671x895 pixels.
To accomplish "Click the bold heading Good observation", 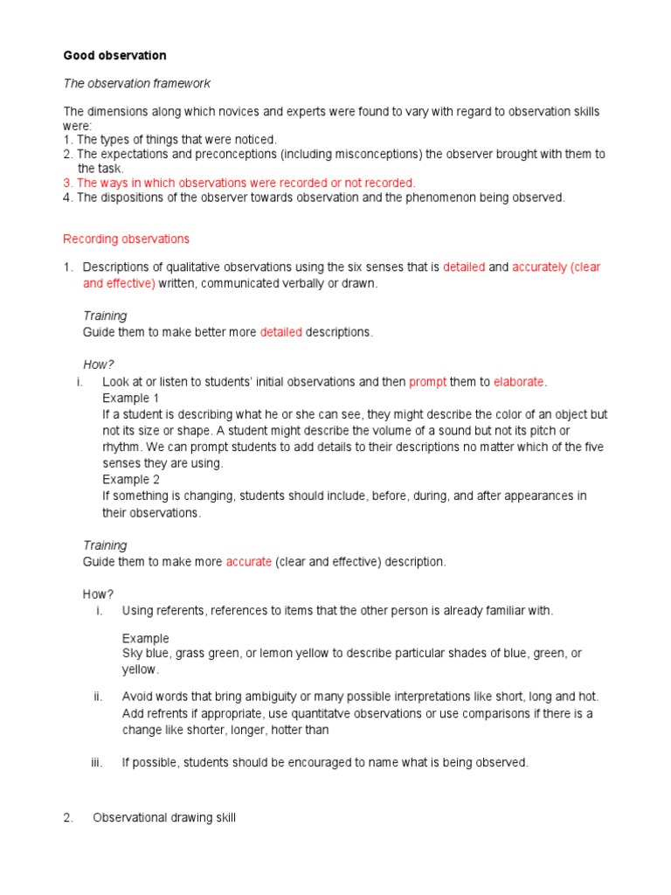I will pos(114,55).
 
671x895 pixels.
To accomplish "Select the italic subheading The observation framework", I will pos(136,83).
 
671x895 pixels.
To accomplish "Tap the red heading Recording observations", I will pos(126,239).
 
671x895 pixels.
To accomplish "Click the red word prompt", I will pos(427,382).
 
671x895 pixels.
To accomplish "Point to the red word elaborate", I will pos(519,382).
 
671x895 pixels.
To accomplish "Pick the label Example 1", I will pos(131,398).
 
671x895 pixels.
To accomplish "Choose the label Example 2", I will pos(131,479).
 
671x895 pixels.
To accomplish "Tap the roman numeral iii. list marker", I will pos(97,762).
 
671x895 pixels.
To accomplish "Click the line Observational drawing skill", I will pos(163,818).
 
